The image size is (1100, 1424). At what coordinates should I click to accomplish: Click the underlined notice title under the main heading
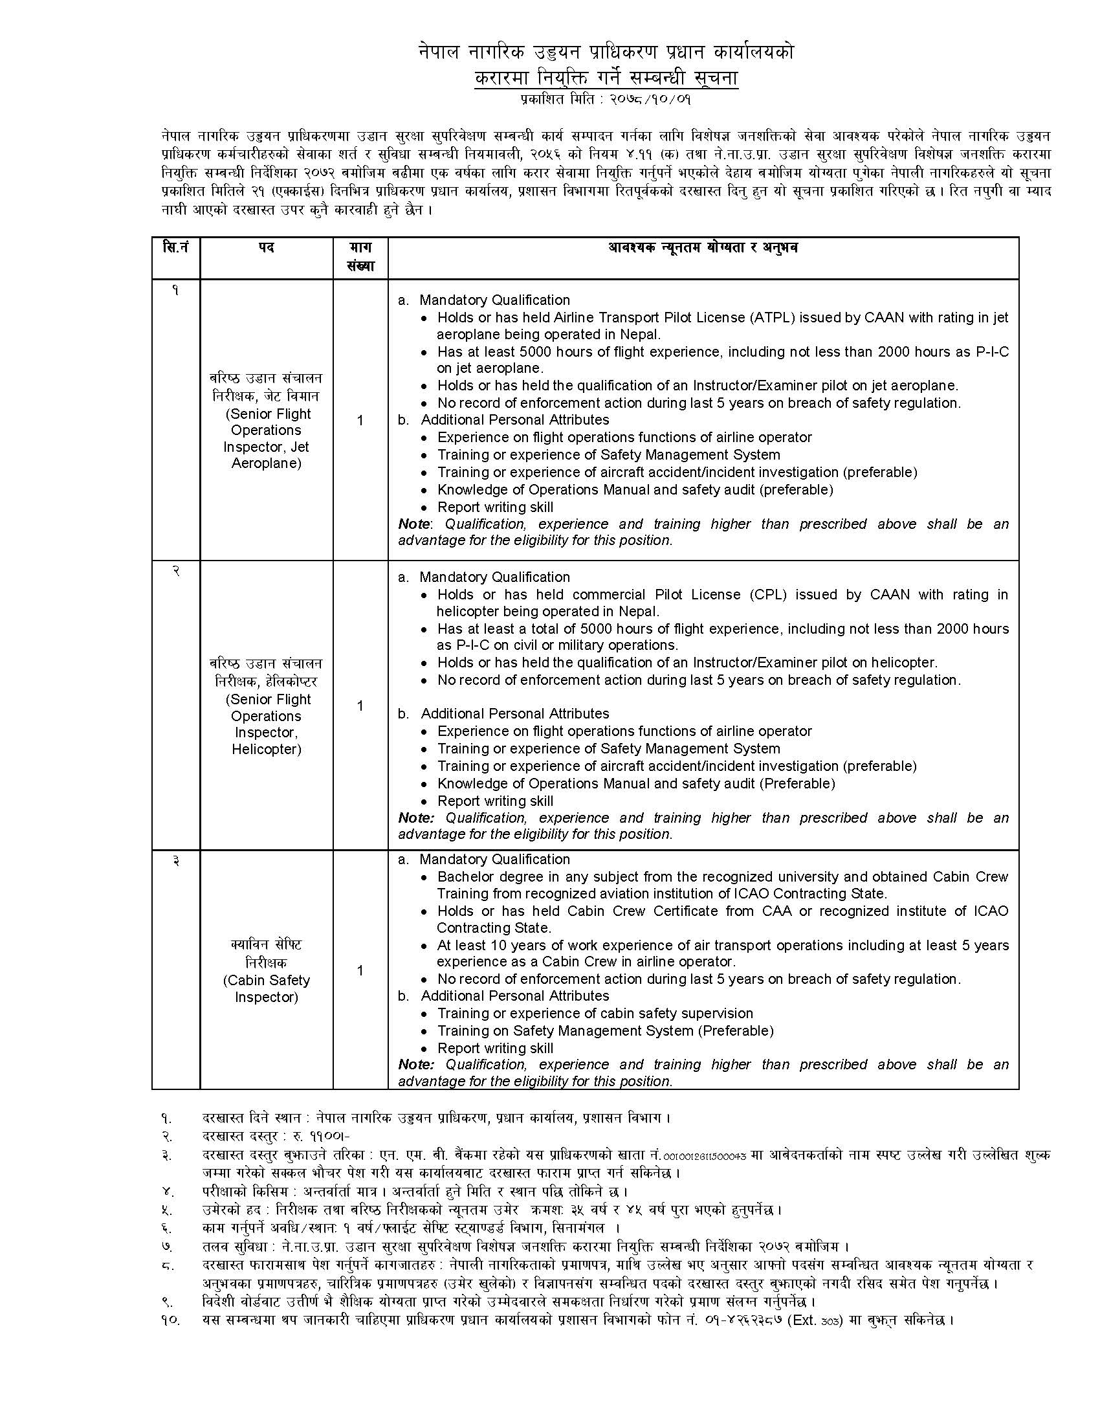[x=606, y=78]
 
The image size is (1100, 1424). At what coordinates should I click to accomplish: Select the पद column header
[x=266, y=249]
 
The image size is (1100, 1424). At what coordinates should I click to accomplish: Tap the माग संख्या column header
[x=360, y=257]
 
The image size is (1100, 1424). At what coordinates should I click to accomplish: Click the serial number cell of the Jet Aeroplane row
[x=175, y=291]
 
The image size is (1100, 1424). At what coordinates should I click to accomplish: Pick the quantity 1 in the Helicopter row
[x=360, y=706]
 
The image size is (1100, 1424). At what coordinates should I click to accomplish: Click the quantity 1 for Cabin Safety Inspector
[x=360, y=971]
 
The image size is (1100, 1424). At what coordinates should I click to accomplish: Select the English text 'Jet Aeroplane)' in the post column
[x=267, y=463]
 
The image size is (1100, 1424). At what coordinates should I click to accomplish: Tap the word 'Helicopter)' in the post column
[x=267, y=749]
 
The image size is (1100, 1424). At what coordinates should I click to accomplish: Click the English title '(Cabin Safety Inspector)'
[x=267, y=988]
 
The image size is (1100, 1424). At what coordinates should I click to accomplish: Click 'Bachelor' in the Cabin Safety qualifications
[x=463, y=877]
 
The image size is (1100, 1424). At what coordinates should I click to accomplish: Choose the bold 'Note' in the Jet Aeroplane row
[x=415, y=524]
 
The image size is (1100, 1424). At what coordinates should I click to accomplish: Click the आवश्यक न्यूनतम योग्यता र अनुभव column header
[x=703, y=249]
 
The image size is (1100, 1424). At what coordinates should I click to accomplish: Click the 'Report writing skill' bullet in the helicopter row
[x=495, y=801]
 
